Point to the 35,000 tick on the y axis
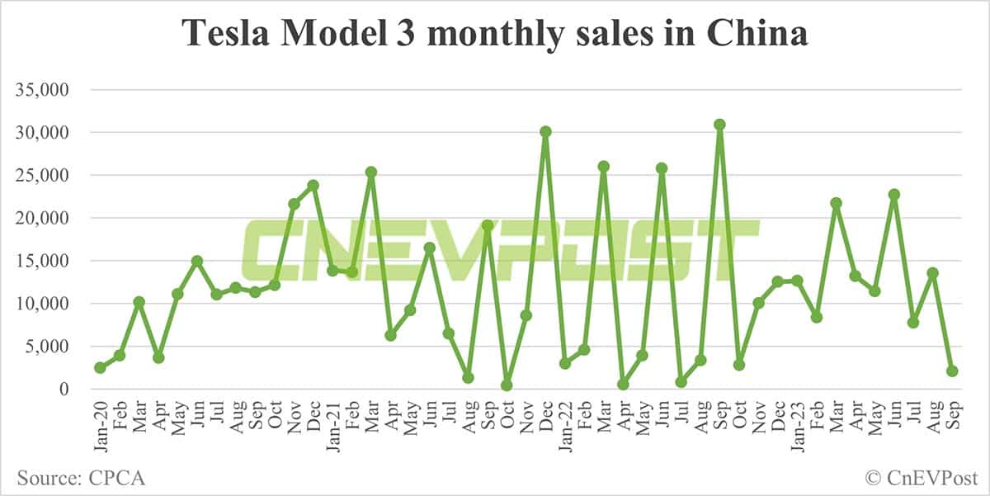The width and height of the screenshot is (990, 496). pyautogui.click(x=44, y=89)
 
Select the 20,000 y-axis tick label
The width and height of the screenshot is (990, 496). pyautogui.click(x=44, y=218)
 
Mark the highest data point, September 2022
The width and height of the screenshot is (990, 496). pyautogui.click(x=719, y=125)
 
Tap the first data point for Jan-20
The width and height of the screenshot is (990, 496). pyautogui.click(x=100, y=367)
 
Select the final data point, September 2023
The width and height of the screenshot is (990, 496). pyautogui.click(x=952, y=371)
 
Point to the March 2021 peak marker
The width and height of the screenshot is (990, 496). pyautogui.click(x=371, y=172)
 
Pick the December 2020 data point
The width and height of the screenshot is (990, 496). pyautogui.click(x=313, y=185)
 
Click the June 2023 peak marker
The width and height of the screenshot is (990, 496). pyautogui.click(x=893, y=195)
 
